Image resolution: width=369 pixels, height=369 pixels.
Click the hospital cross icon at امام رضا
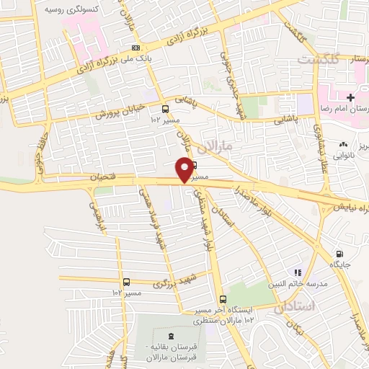coord(350,97)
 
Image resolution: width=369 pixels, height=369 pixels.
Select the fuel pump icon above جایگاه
coord(339,254)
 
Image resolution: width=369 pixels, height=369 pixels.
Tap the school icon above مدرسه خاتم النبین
coord(296,272)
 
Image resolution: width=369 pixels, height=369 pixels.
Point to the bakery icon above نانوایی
coord(343,144)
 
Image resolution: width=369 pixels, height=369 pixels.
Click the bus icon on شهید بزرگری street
coord(127,282)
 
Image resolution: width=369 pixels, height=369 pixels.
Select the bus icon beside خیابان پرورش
coord(166,109)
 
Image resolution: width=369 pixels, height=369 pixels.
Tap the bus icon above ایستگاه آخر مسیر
coord(222,299)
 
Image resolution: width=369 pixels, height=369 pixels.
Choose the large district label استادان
coord(295,308)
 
